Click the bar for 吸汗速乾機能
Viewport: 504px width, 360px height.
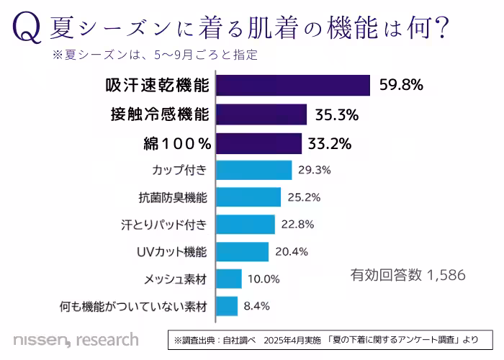293,85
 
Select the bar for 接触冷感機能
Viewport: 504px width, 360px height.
261,114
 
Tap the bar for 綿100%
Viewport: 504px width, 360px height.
258,143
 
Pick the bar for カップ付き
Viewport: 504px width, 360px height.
253,170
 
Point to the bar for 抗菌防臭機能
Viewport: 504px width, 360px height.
248,197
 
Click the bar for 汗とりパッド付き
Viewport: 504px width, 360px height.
246,224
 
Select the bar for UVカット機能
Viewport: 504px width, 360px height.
242,251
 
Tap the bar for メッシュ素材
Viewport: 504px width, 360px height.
229,279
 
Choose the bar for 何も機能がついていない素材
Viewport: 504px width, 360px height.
227,306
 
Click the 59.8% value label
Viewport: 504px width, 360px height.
401,85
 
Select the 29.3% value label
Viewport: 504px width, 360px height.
315,170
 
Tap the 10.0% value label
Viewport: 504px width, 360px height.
264,279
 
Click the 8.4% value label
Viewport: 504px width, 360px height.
256,306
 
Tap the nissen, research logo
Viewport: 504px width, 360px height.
75,338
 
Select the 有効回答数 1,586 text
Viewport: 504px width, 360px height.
408,275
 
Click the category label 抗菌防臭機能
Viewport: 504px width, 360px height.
173,197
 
